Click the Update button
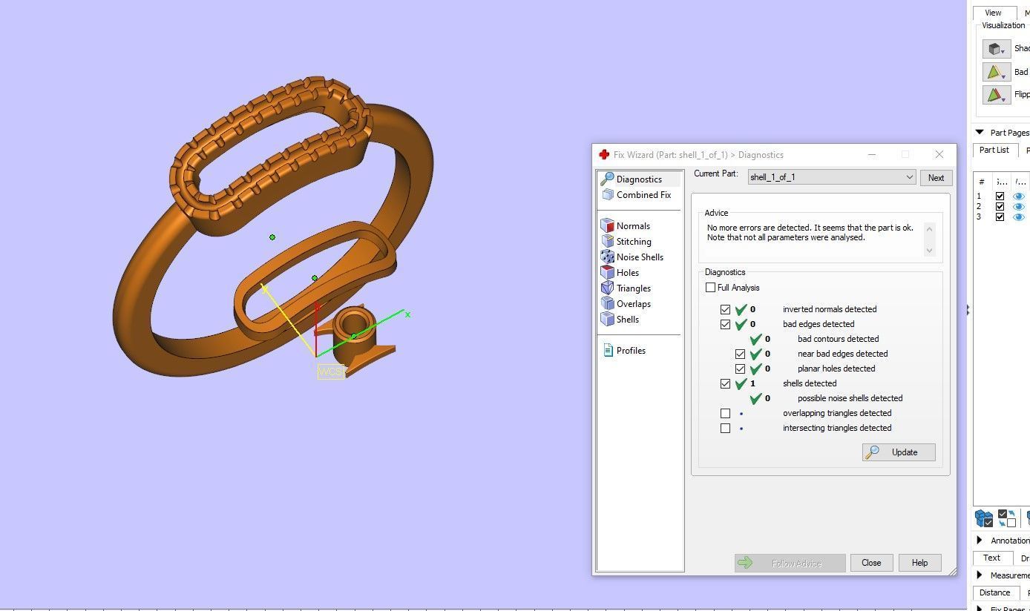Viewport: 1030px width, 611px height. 898,452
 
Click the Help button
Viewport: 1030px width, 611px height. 919,563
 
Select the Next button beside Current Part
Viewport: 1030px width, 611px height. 936,178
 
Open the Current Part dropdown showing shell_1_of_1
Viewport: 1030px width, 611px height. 831,178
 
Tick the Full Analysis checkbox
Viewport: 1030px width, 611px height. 711,288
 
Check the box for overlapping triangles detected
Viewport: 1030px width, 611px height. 726,413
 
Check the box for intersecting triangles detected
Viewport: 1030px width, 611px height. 726,428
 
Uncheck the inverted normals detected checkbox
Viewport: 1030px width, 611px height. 726,309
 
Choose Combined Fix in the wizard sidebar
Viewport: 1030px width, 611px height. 643,195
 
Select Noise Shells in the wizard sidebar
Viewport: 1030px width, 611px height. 639,257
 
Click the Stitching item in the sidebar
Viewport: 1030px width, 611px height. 633,242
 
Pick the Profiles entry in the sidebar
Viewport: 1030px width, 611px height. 630,351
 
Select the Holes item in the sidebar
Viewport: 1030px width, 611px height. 627,273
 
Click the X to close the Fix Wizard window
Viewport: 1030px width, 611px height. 939,154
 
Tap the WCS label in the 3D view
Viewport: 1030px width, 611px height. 330,371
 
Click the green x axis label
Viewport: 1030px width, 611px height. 407,314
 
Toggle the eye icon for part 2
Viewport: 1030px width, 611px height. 1018,206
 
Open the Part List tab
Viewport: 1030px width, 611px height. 994,150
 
